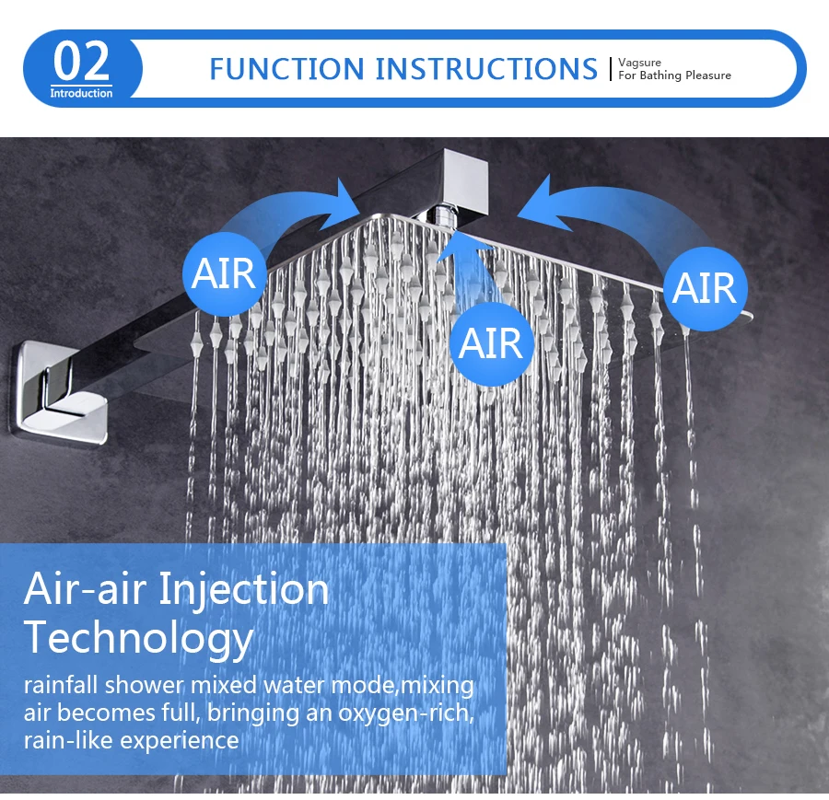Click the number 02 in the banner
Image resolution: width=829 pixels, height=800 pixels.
click(x=81, y=62)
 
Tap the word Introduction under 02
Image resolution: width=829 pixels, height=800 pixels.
click(x=81, y=93)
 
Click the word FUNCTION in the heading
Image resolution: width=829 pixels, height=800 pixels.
click(x=287, y=69)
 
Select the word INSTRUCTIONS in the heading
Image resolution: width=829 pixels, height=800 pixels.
click(x=486, y=69)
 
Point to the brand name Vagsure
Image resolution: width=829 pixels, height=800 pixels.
click(x=640, y=63)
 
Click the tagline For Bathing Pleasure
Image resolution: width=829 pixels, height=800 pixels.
click(x=674, y=75)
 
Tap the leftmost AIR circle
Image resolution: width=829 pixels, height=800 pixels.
click(x=224, y=273)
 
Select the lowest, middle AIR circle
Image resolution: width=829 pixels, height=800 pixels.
click(x=492, y=343)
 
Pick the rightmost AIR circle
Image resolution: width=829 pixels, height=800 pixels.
click(x=705, y=288)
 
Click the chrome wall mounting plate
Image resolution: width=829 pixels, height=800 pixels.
click(x=59, y=391)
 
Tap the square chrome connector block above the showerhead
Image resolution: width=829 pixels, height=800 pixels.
click(x=465, y=181)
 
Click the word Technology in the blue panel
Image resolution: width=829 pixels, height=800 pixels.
click(x=138, y=638)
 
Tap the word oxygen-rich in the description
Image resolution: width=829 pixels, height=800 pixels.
click(x=406, y=713)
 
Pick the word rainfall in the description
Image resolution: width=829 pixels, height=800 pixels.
click(x=61, y=685)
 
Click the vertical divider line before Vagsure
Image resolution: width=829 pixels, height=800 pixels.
click(x=611, y=69)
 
